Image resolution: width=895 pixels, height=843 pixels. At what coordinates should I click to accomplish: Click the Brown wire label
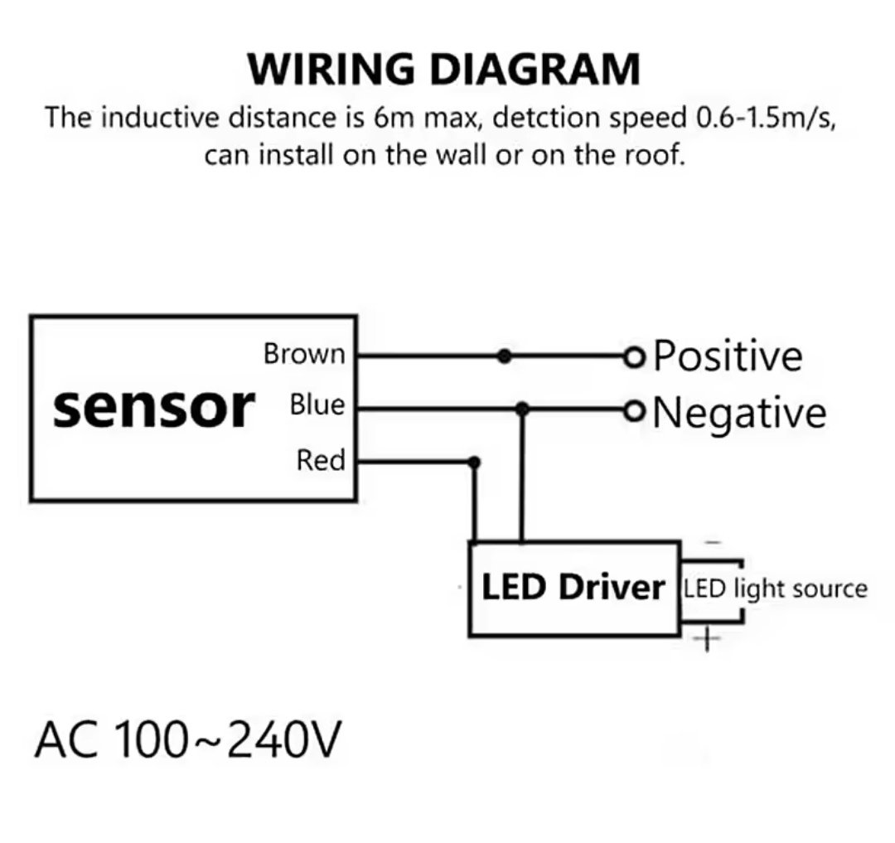(x=303, y=354)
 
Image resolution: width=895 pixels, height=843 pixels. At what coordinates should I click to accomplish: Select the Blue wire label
(x=317, y=406)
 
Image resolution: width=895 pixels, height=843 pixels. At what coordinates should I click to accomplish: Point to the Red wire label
(x=320, y=460)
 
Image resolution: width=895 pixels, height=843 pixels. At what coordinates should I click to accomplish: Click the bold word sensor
(x=153, y=407)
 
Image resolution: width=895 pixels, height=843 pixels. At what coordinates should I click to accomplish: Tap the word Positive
(x=728, y=356)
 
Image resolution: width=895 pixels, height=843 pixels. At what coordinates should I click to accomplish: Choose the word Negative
(x=739, y=412)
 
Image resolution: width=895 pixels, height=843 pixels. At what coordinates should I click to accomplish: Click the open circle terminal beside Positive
(x=634, y=357)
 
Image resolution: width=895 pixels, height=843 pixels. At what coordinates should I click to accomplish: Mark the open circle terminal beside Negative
(x=634, y=409)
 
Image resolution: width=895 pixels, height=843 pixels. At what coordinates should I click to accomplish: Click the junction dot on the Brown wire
(x=503, y=357)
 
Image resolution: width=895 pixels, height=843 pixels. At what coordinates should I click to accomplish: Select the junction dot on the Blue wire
(x=521, y=409)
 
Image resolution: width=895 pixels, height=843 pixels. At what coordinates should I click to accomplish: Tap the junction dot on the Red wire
(x=474, y=462)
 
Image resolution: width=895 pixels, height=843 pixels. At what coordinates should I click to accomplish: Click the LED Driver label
(x=573, y=587)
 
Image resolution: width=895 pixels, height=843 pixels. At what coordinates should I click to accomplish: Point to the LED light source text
(x=775, y=589)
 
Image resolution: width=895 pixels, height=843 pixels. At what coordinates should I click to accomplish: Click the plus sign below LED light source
(x=707, y=638)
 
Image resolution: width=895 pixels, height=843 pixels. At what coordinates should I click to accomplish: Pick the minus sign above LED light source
(x=714, y=543)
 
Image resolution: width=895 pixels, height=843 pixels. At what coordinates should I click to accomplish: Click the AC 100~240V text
(x=187, y=739)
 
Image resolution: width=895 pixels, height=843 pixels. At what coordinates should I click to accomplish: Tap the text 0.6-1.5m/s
(x=764, y=117)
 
